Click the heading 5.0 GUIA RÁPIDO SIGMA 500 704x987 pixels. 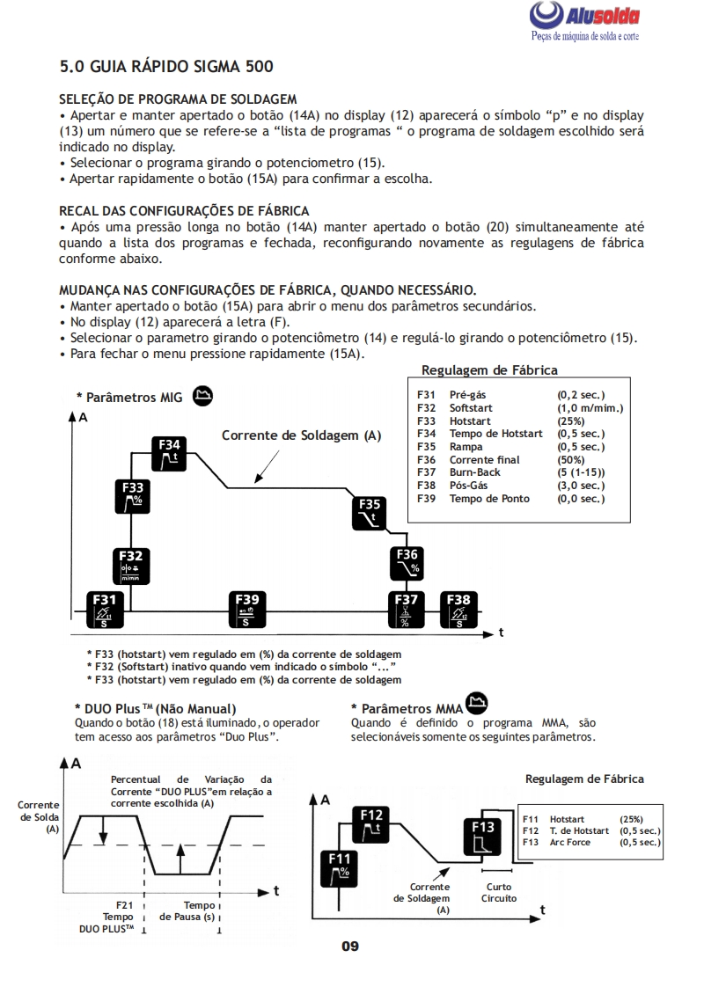[166, 66]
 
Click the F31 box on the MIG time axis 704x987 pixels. [105, 609]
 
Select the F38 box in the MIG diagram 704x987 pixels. [458, 609]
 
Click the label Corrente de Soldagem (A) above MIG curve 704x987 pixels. [301, 435]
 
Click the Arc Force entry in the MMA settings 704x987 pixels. [570, 843]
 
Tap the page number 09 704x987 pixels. [350, 947]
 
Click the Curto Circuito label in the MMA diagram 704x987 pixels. [498, 893]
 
